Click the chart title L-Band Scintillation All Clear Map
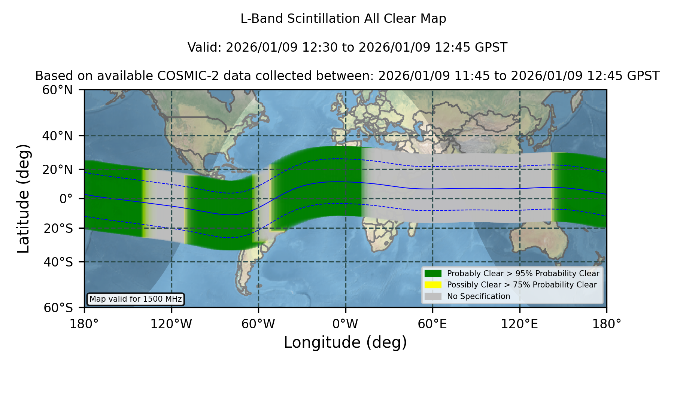[343, 19]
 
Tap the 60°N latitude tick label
[57, 90]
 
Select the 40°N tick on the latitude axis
[57, 136]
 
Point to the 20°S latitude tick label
[58, 228]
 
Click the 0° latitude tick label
[66, 199]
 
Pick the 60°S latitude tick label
[58, 308]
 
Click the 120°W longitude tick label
[171, 324]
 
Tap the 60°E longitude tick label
[432, 324]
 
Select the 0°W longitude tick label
[345, 324]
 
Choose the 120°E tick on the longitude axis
[519, 324]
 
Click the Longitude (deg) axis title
[345, 342]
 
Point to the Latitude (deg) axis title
[23, 198]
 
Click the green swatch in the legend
[433, 273]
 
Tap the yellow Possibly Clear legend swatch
[433, 285]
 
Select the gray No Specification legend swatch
[433, 296]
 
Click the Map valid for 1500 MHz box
[136, 299]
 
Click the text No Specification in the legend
[479, 296]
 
